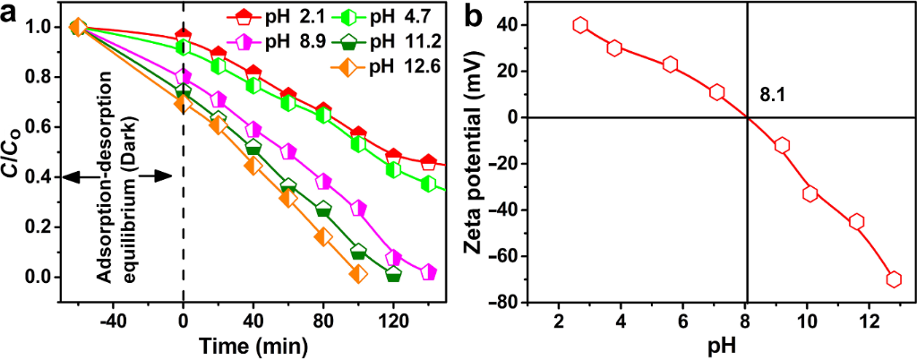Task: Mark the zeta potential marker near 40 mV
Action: tap(580, 26)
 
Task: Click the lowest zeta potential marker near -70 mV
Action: tap(893, 279)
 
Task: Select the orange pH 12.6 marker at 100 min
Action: tap(358, 274)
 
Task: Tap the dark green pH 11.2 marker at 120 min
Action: tap(393, 274)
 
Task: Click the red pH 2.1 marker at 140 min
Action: tap(428, 162)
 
